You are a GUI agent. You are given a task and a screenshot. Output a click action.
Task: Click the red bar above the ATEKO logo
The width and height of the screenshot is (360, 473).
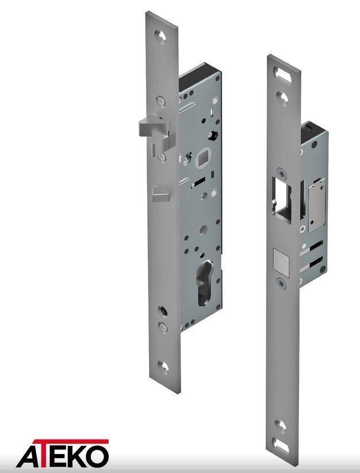(71, 441)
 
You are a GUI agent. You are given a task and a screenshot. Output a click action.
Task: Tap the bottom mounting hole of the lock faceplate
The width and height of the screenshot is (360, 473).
(163, 366)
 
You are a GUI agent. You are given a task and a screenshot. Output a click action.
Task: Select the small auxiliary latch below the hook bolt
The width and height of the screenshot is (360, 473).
(160, 194)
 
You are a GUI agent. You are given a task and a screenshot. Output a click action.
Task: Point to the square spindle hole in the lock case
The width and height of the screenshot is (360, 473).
(201, 159)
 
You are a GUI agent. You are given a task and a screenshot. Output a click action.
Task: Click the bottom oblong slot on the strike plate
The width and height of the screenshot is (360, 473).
(280, 445)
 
